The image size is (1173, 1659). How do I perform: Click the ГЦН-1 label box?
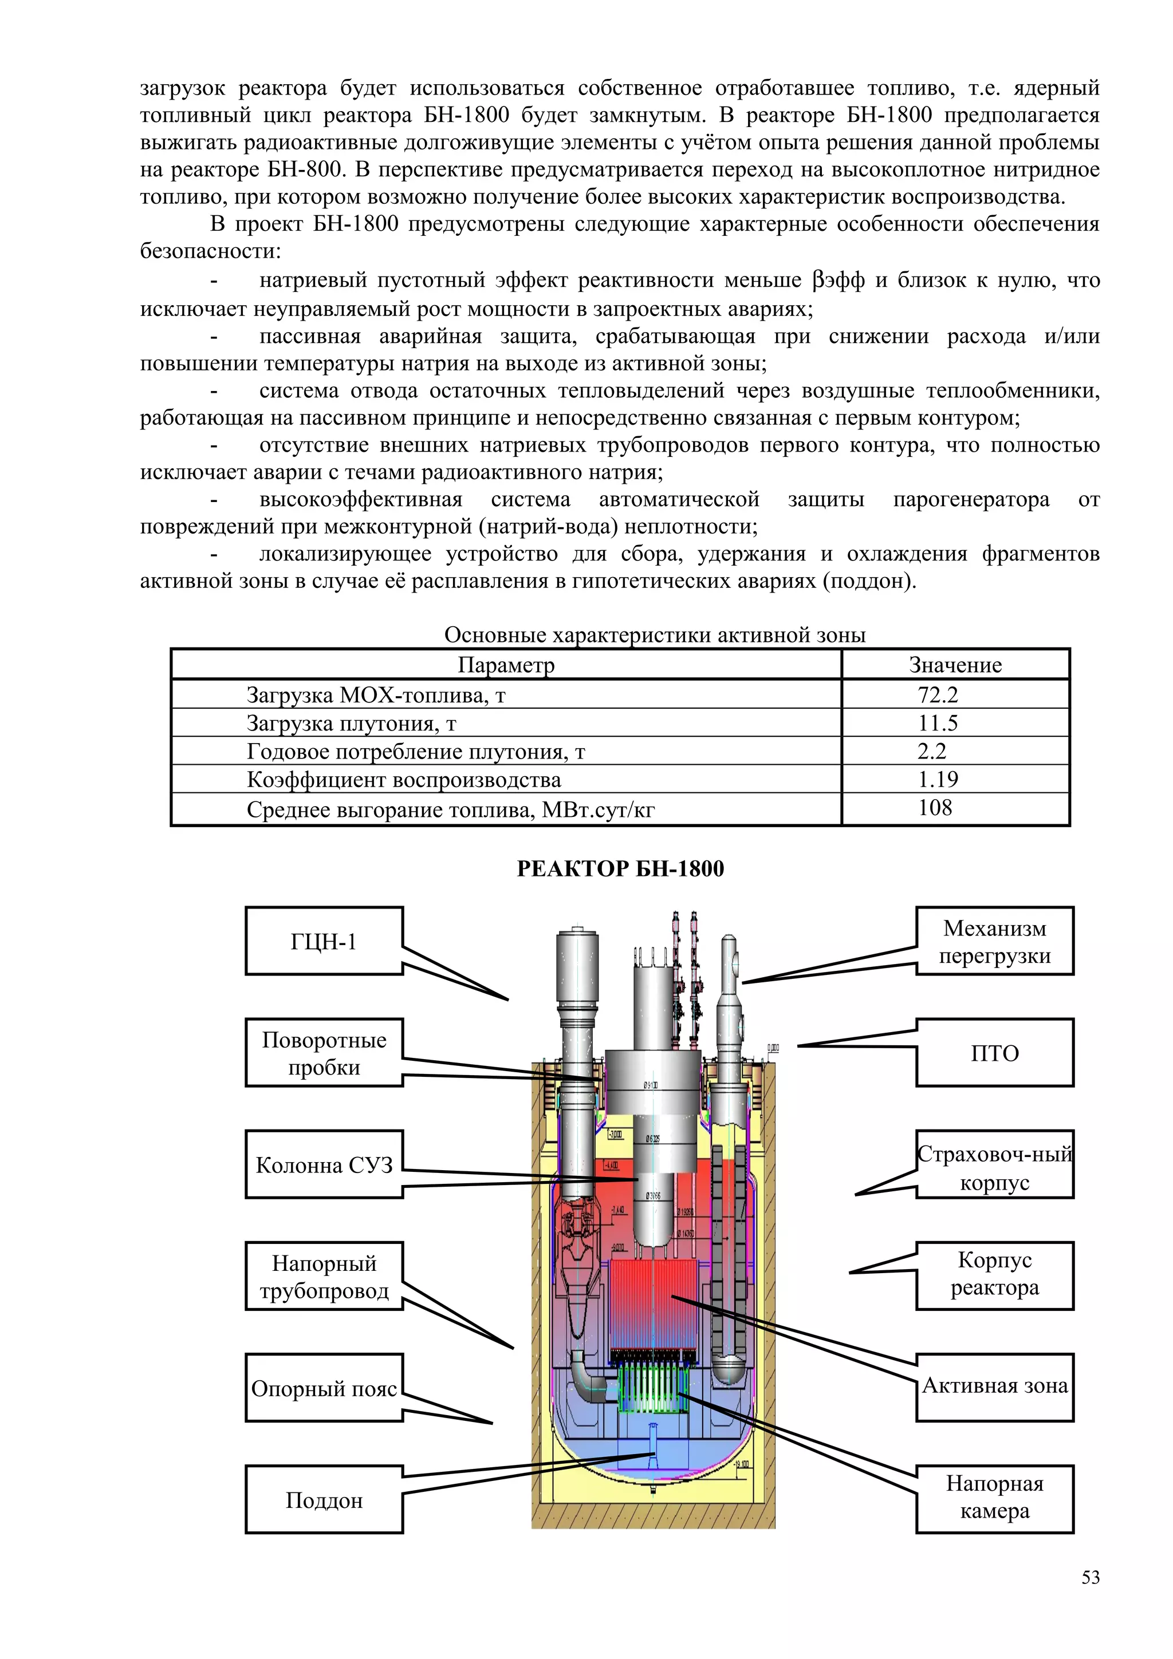point(324,941)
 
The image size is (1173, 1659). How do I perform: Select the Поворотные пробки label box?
point(324,1053)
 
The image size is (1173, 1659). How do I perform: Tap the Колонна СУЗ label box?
point(324,1165)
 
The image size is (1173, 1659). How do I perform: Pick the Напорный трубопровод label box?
point(324,1277)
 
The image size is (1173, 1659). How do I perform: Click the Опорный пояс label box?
point(324,1388)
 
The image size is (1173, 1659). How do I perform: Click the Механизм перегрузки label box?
point(994,941)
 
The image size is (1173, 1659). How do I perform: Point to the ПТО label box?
point(994,1053)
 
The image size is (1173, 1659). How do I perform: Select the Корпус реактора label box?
point(994,1277)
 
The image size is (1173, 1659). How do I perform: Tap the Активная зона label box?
point(994,1388)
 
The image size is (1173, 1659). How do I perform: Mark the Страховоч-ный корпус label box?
point(994,1165)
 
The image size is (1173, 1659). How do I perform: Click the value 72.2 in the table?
point(938,694)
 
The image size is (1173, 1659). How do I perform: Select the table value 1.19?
point(938,779)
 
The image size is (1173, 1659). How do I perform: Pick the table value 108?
point(935,808)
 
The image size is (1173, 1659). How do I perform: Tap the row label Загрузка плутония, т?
point(351,722)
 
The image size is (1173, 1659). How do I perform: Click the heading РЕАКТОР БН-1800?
point(620,868)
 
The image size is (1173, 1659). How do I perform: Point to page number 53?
point(1091,1577)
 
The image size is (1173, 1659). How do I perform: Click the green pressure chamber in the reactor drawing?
point(652,1388)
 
